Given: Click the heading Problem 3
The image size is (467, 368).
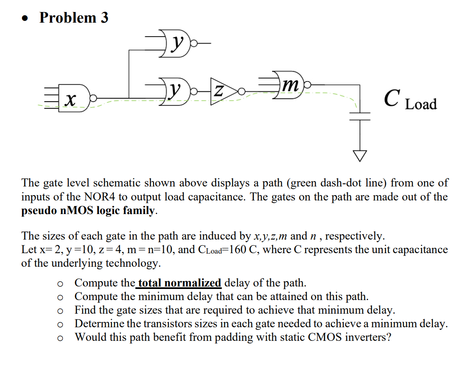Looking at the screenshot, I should [74, 17].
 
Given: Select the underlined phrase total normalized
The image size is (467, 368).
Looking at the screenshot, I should [180, 283].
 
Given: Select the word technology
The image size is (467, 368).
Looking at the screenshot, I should [132, 263].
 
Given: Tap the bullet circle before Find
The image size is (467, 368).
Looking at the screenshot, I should [60, 311].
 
